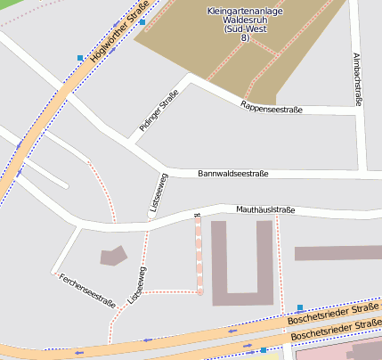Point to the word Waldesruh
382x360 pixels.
(244, 20)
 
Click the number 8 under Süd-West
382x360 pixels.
(244, 38)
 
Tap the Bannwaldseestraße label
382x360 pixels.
(232, 174)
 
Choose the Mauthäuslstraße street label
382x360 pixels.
(264, 210)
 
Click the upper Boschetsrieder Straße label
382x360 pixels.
(333, 315)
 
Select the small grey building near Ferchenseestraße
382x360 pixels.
(113, 257)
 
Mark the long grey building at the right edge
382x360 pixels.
(338, 253)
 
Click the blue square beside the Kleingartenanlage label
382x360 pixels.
(142, 21)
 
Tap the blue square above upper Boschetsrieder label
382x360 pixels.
(300, 307)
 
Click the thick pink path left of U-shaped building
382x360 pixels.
(199, 254)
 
